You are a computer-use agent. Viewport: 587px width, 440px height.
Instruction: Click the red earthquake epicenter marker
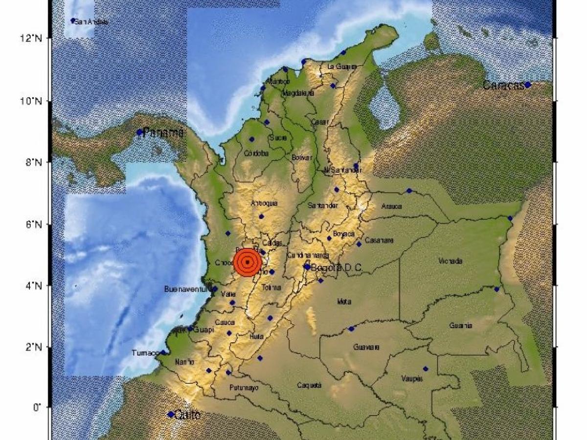point(248,262)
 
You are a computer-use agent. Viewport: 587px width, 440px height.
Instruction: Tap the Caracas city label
point(503,86)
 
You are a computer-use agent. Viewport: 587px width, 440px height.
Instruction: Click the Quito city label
point(188,415)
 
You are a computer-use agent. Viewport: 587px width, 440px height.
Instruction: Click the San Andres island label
point(91,22)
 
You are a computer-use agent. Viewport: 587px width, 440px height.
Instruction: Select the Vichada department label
point(451,261)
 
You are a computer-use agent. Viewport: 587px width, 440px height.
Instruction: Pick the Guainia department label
point(461,326)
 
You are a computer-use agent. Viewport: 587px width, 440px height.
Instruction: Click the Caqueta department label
point(309,385)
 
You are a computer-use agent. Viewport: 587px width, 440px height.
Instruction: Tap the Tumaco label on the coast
point(145,353)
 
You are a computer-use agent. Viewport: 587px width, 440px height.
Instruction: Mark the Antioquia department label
point(264,203)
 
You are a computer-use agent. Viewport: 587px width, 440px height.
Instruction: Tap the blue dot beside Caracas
point(528,85)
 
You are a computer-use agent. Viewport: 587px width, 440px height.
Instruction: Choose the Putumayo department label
point(243,388)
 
